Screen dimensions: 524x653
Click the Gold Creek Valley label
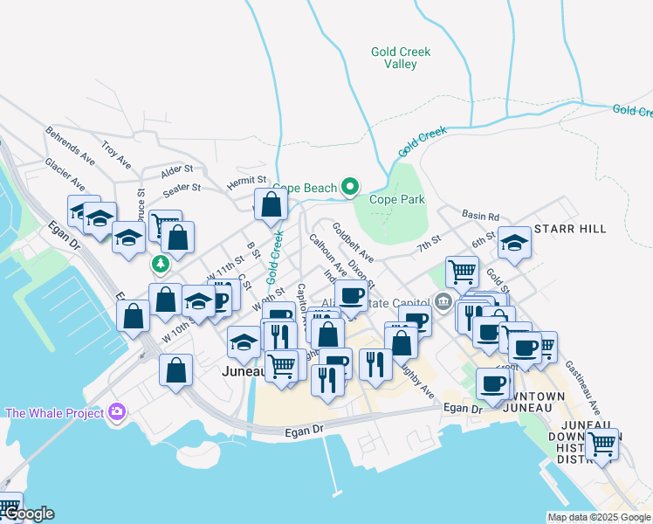[401, 59]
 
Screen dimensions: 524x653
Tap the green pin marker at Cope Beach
[350, 187]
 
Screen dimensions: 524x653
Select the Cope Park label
[396, 199]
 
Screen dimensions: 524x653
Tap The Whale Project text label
[55, 413]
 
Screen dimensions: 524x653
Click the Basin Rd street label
[481, 217]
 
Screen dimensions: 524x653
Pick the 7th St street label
[430, 244]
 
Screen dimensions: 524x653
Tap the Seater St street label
[182, 187]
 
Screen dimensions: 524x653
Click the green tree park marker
[160, 263]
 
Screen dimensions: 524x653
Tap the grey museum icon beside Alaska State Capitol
[443, 303]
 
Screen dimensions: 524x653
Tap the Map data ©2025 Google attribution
[598, 517]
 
